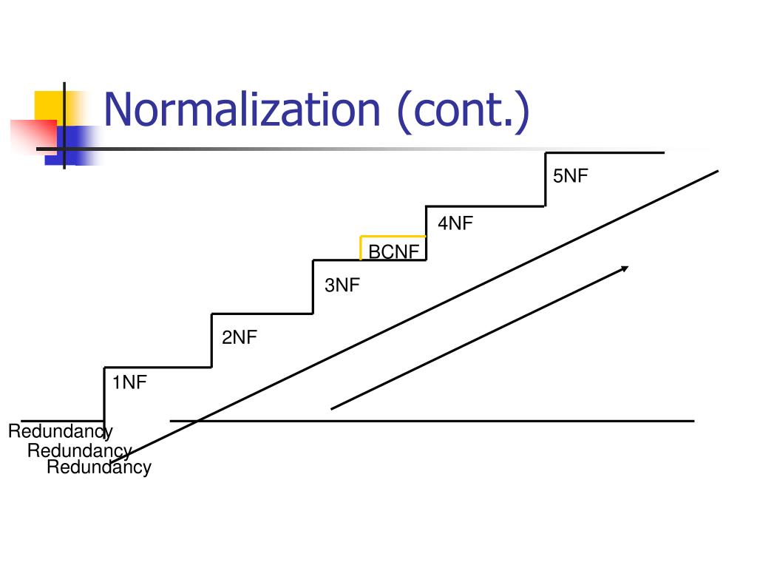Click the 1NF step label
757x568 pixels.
129,382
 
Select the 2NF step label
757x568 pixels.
240,337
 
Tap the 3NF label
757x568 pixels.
342,285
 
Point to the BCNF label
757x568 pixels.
394,251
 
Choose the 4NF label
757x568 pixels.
455,223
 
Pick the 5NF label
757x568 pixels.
571,176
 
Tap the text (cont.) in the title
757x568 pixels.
464,112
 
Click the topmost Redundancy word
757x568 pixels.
61,431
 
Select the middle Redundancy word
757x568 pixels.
80,450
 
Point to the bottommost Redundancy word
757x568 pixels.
99,467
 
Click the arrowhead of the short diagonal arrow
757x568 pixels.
625,268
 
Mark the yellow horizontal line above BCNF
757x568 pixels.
393,236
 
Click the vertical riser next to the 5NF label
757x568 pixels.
546,180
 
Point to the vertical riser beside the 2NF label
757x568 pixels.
211,340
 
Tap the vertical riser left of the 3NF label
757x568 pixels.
313,287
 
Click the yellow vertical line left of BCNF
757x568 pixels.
361,248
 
